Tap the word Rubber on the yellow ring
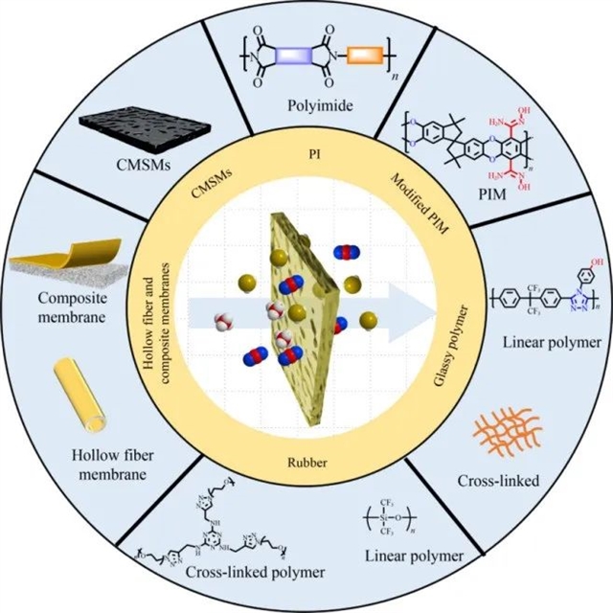click(307, 464)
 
